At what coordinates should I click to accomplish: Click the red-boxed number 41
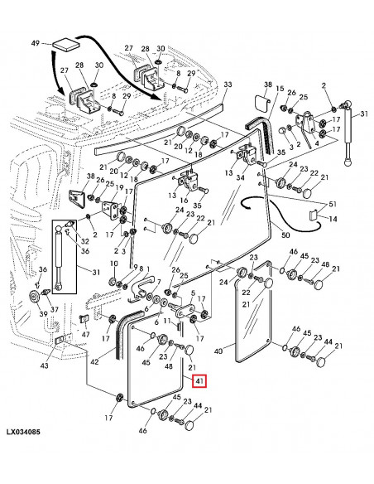(199, 381)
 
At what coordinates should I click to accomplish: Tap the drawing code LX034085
(23, 432)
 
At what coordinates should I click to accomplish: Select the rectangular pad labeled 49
(66, 44)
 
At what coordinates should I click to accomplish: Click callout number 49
(36, 43)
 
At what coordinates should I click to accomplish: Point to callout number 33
(228, 85)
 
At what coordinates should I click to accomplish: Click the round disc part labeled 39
(33, 298)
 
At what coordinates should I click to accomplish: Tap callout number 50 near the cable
(285, 235)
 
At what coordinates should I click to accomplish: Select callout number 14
(333, 219)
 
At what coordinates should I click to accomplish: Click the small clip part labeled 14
(314, 215)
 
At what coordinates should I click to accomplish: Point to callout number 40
(218, 351)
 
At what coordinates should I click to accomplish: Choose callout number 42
(94, 361)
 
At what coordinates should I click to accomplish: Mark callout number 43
(44, 365)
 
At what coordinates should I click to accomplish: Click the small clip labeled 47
(83, 318)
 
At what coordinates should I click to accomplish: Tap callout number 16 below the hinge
(185, 201)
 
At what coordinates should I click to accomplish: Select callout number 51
(333, 204)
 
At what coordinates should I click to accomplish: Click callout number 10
(114, 264)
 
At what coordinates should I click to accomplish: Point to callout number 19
(119, 187)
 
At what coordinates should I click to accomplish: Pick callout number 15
(280, 89)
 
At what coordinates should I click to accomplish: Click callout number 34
(240, 178)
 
